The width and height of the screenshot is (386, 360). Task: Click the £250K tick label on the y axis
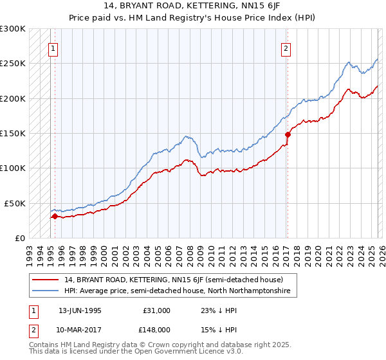pyautogui.click(x=13, y=64)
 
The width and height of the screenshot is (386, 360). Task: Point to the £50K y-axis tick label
pyautogui.click(x=15, y=203)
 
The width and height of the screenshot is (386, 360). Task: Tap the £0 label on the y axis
pyautogui.click(x=20, y=238)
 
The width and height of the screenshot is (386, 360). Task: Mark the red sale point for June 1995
pyautogui.click(x=55, y=216)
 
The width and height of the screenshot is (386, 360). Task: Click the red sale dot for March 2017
pyautogui.click(x=288, y=134)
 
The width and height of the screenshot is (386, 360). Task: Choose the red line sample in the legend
pyautogui.click(x=46, y=280)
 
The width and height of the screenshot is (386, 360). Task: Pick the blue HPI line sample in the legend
pyautogui.click(x=46, y=291)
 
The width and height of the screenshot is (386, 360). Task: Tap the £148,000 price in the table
pyautogui.click(x=156, y=329)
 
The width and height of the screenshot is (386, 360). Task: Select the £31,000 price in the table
pyautogui.click(x=156, y=310)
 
